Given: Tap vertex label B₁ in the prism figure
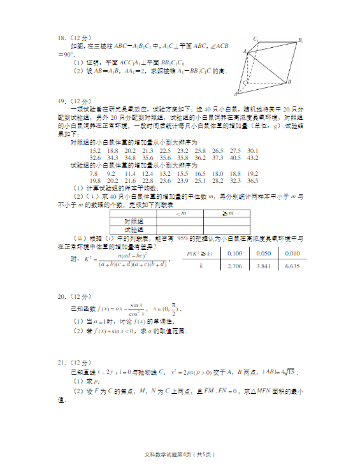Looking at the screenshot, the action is tap(300, 40).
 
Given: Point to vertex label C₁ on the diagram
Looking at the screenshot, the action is tap(256, 39).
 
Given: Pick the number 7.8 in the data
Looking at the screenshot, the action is tap(94, 173).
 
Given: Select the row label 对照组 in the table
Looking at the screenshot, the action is tap(134, 220).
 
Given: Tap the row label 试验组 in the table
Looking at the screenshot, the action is tap(134, 229).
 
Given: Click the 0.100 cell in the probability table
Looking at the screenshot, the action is tap(235, 254).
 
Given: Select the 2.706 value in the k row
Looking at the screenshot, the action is tap(235, 266).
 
